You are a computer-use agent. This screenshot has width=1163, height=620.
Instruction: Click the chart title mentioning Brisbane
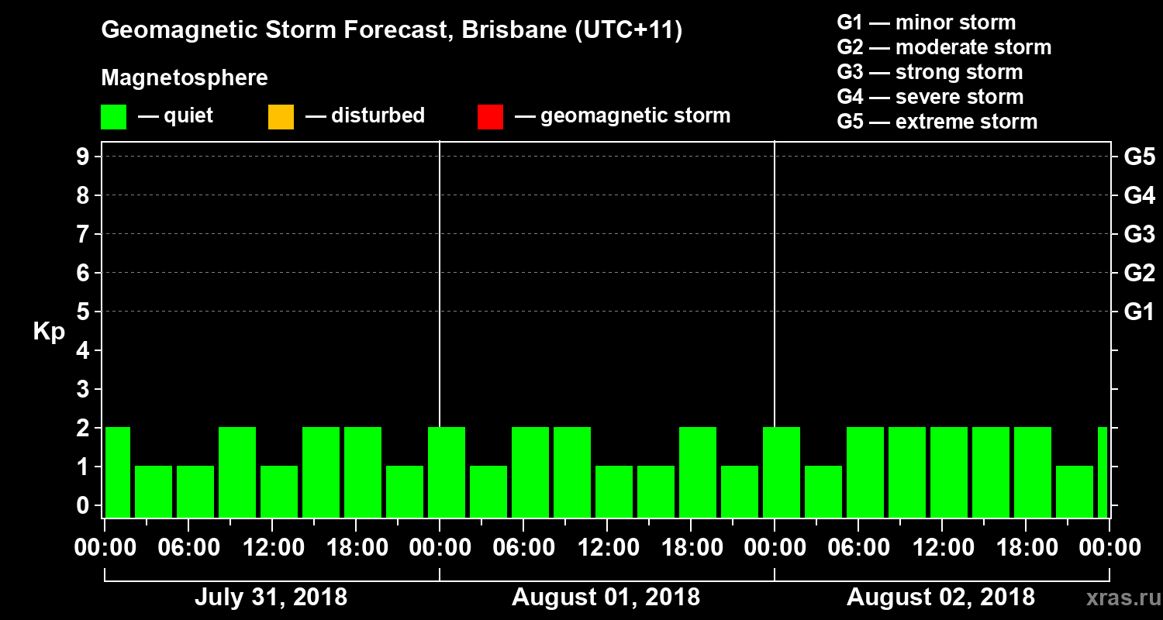click(392, 31)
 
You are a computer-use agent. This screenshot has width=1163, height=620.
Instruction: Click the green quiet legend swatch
click(113, 117)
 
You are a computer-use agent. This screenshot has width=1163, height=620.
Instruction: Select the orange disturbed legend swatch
click(281, 117)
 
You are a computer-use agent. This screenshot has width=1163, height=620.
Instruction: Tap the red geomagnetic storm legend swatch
click(490, 117)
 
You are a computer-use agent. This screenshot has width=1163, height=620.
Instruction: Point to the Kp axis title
click(48, 331)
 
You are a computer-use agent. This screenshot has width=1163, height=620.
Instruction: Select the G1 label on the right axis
click(1139, 312)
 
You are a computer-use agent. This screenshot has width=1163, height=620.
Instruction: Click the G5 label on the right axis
click(1139, 157)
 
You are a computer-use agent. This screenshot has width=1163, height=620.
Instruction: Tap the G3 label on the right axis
click(1139, 234)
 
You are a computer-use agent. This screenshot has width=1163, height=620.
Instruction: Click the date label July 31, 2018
click(271, 598)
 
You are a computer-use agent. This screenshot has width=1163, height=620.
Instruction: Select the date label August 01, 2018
click(606, 598)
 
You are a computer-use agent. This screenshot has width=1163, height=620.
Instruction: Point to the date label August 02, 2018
click(940, 598)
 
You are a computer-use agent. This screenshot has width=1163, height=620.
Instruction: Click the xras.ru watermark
click(1117, 598)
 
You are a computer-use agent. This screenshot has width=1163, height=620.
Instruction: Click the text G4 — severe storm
click(930, 97)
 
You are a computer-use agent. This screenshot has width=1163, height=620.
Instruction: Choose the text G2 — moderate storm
click(944, 47)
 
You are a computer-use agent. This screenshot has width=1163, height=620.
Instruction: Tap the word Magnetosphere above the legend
click(185, 78)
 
